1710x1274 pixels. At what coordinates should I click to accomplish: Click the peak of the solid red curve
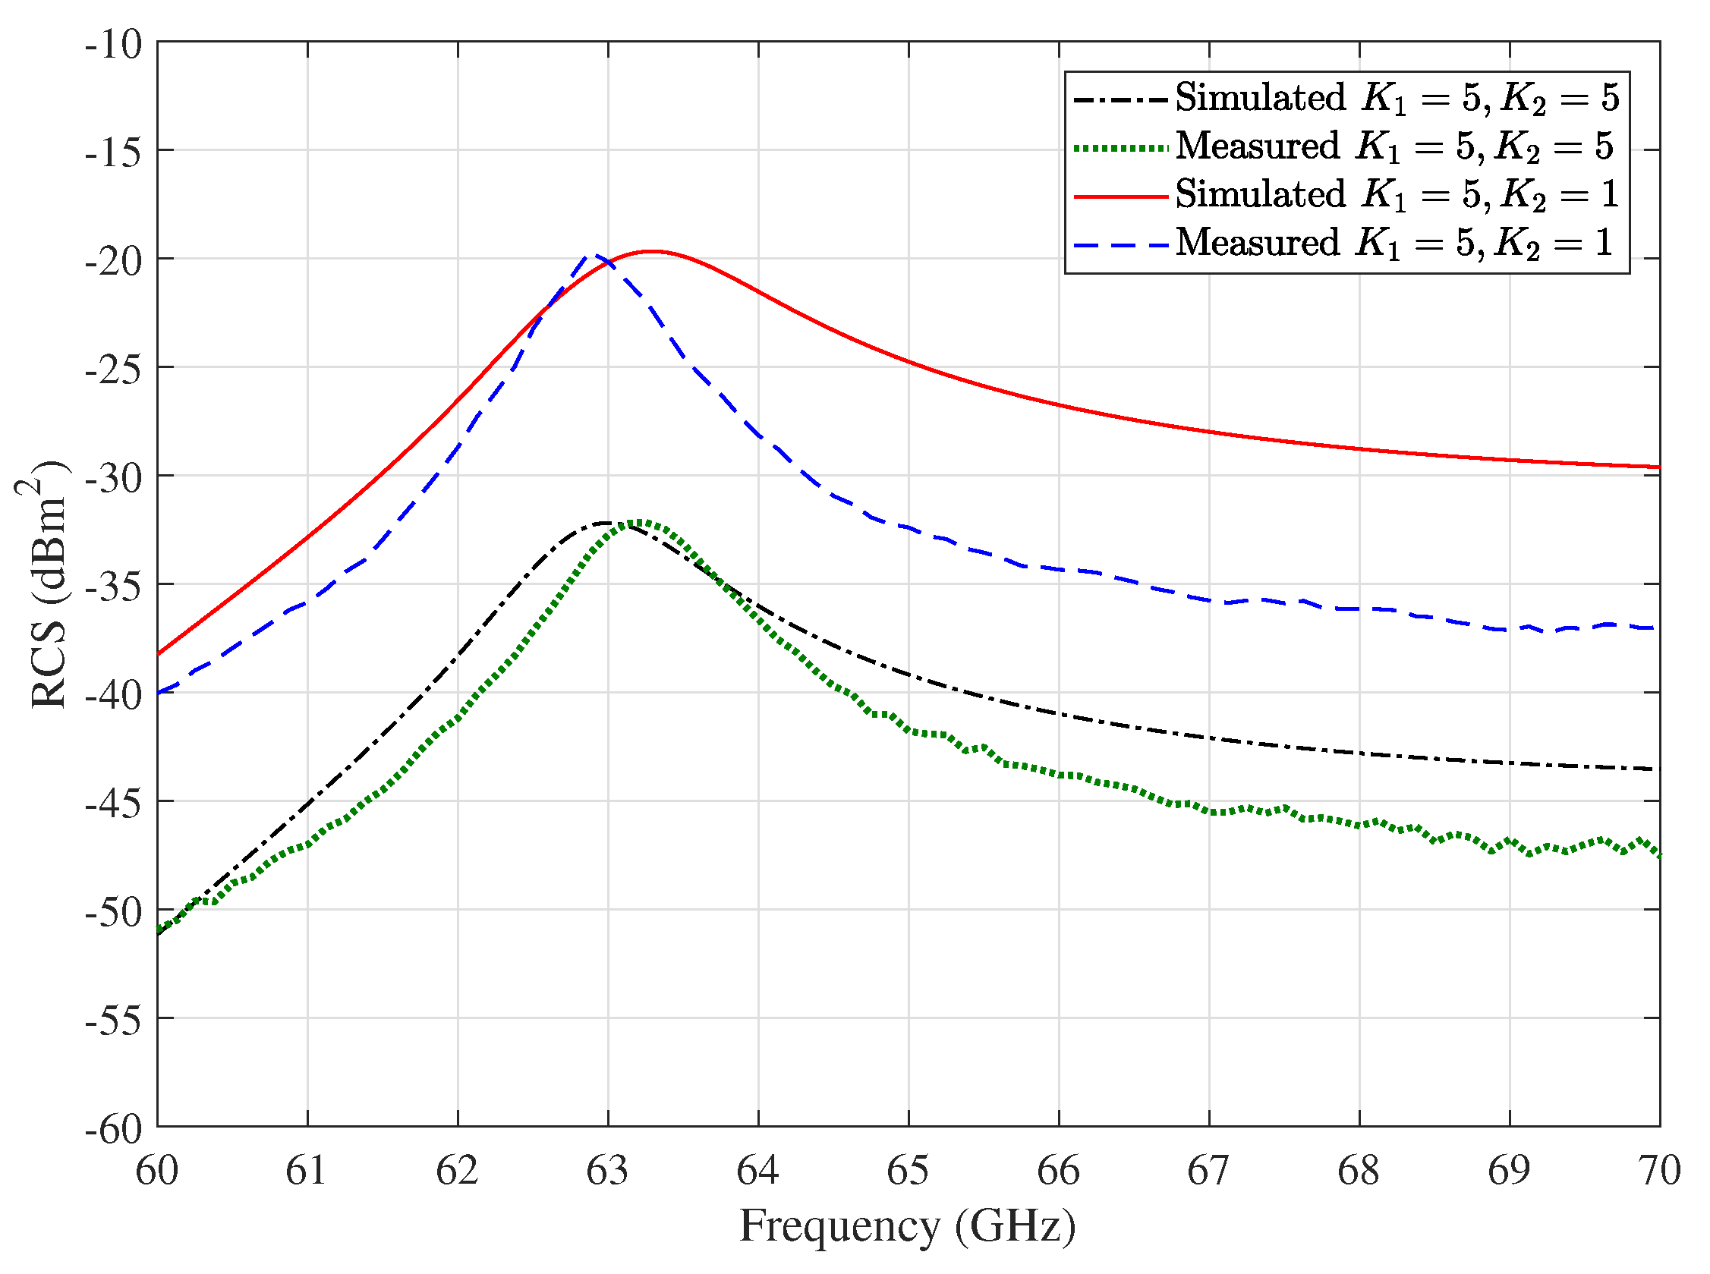pos(653,250)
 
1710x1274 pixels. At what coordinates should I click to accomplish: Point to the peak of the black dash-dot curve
pos(607,523)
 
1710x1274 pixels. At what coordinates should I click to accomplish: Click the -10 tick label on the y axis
pos(114,45)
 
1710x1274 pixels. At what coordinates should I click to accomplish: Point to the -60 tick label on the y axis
pos(114,1130)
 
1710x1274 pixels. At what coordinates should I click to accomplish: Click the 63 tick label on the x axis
pos(608,1171)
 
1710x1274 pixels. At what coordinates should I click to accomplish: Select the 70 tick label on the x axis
pos(1658,1171)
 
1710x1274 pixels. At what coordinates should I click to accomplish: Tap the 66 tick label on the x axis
pos(1058,1171)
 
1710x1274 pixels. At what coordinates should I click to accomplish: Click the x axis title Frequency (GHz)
pos(907,1225)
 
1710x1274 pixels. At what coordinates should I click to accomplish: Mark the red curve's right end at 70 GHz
pos(1658,467)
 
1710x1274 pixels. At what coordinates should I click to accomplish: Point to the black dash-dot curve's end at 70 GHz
pos(1651,769)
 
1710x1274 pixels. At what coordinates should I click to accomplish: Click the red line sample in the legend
pos(1120,197)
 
